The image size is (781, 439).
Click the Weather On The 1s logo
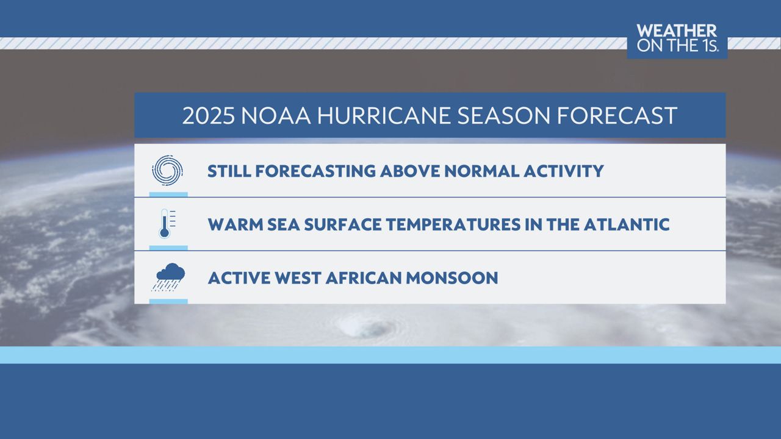tap(677, 39)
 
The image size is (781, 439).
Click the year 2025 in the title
tap(207, 116)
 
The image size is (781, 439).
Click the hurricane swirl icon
tap(167, 170)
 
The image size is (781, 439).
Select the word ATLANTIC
tap(626, 224)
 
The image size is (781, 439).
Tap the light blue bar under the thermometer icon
tap(168, 248)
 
